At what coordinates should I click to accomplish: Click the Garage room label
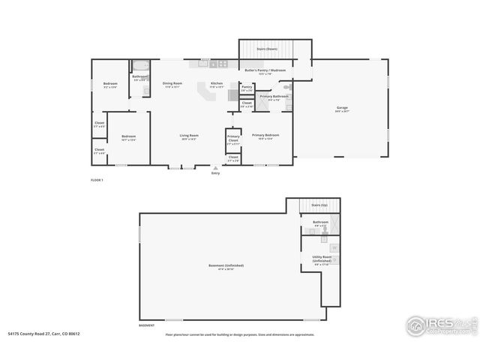(342, 109)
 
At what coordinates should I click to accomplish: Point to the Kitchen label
(217, 84)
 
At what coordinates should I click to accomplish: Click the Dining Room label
(172, 84)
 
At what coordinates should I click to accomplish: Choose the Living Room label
(189, 136)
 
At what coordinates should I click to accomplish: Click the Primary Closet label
(233, 139)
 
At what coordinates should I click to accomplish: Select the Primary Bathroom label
(274, 97)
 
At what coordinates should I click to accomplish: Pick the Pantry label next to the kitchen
(247, 88)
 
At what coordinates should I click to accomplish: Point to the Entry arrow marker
(216, 168)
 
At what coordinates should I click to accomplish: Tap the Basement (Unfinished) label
(226, 265)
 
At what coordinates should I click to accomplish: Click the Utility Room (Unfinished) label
(322, 259)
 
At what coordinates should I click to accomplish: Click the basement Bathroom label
(320, 223)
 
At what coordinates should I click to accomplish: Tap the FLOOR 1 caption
(96, 181)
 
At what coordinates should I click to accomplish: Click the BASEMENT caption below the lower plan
(147, 325)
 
